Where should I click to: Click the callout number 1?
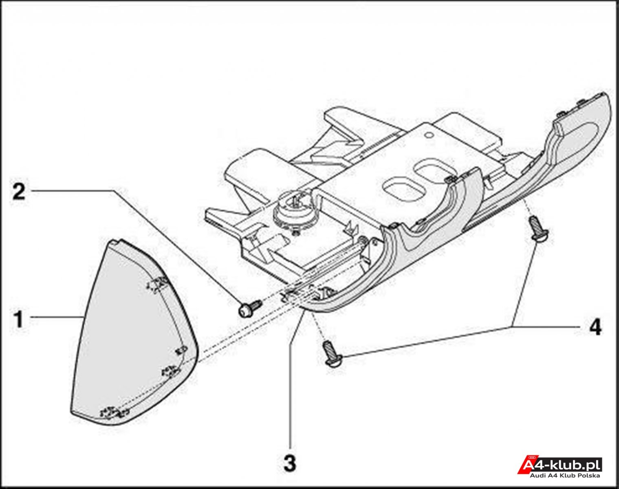pyautogui.click(x=19, y=320)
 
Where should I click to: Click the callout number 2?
pyautogui.click(x=19, y=192)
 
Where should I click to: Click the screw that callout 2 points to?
pyautogui.click(x=249, y=308)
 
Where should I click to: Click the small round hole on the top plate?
pyautogui.click(x=429, y=134)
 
